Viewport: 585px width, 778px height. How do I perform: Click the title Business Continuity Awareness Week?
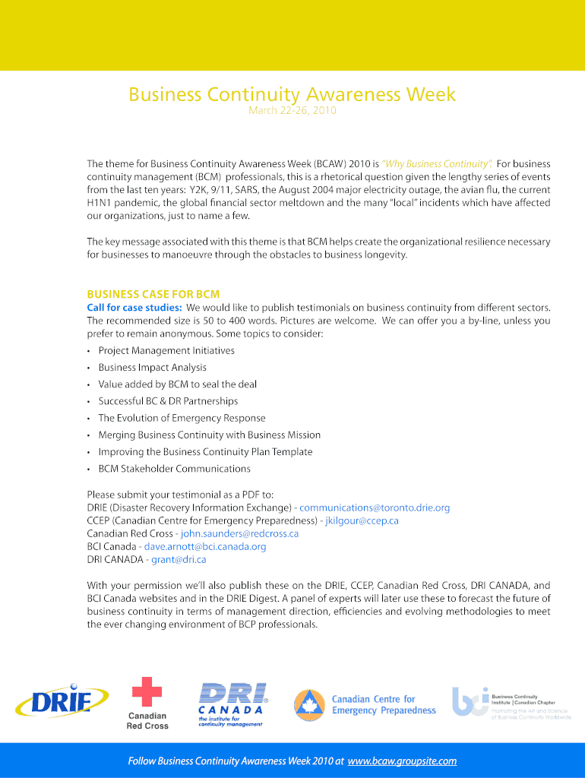coord(292,94)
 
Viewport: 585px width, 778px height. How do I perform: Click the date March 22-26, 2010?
coord(292,111)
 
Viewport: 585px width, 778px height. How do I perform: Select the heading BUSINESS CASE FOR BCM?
coord(153,294)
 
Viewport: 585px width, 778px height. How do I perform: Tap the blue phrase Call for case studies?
coord(134,308)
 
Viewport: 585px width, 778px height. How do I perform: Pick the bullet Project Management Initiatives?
coord(166,350)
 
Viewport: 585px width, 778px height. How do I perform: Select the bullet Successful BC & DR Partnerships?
coord(168,401)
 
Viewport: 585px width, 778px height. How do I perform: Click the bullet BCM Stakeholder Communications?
coord(174,469)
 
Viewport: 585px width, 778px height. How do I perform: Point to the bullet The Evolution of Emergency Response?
coord(182,418)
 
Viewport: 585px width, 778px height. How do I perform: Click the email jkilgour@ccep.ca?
coord(362,520)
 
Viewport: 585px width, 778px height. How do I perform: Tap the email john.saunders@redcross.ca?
coord(239,533)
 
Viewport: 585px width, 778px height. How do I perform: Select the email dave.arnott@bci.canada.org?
coord(205,546)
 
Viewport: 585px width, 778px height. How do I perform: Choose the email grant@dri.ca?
coord(179,559)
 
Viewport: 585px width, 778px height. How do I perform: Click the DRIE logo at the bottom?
coord(61,700)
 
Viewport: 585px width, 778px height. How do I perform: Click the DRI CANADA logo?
coord(232,704)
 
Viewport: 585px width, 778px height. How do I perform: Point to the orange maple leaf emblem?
coord(308,704)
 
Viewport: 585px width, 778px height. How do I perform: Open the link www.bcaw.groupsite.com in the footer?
coord(402,761)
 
